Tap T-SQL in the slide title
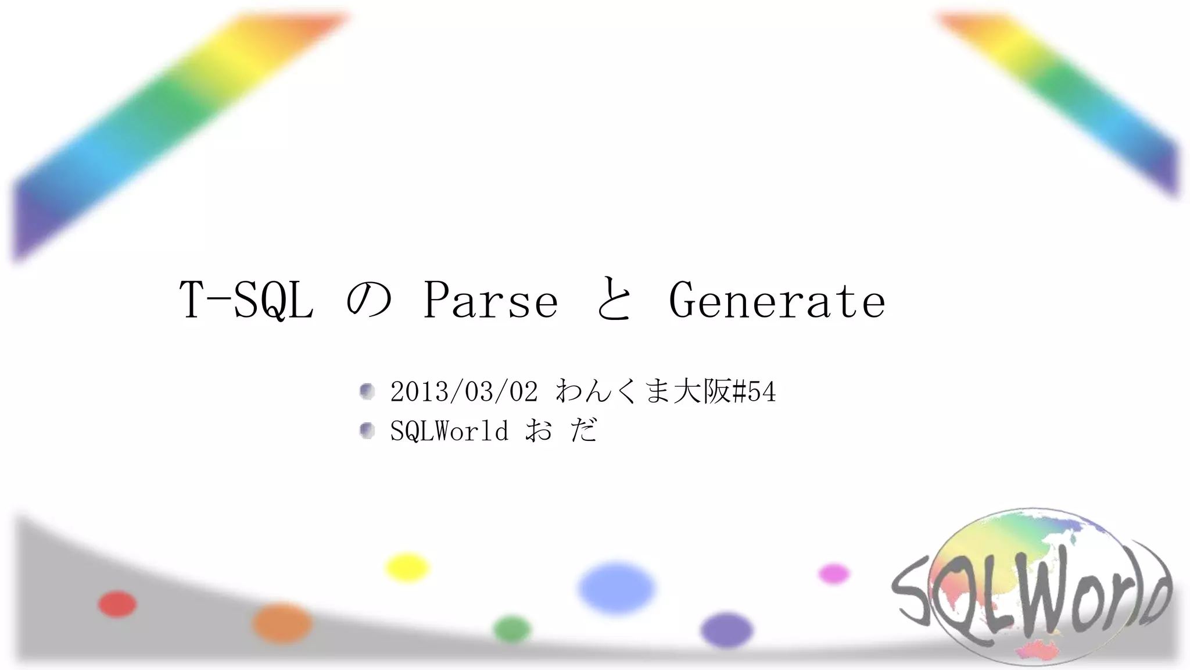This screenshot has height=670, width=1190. [x=246, y=300]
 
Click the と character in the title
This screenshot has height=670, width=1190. [x=614, y=300]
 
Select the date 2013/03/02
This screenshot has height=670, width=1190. [x=464, y=392]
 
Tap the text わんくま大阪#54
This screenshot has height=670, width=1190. [x=665, y=391]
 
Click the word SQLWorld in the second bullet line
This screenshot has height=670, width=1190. [x=449, y=431]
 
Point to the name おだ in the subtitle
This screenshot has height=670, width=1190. [x=561, y=430]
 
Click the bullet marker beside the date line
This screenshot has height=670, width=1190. [x=367, y=391]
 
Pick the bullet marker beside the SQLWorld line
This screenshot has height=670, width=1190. [x=367, y=431]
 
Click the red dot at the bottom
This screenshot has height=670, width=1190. [x=117, y=604]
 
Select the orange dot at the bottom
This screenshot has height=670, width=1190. [x=282, y=623]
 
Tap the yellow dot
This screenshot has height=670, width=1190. [x=407, y=568]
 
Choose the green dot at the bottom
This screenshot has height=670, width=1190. [x=512, y=629]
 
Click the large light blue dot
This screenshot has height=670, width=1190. [x=616, y=587]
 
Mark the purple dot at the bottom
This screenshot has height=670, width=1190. [x=726, y=630]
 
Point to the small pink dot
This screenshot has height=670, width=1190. [x=834, y=574]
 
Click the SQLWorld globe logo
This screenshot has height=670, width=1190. [x=1031, y=587]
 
